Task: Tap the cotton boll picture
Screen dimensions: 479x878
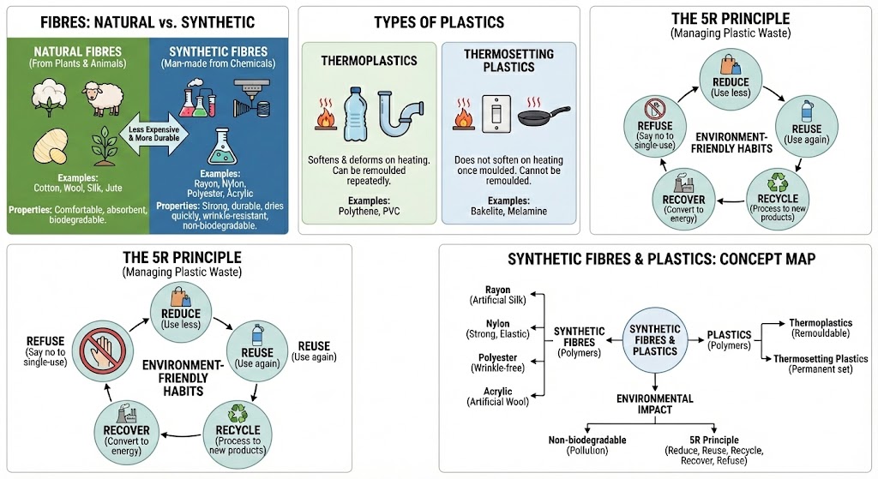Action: pos(50,96)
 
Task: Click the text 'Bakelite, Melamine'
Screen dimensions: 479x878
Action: pos(506,211)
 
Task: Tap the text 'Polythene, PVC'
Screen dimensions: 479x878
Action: pos(368,211)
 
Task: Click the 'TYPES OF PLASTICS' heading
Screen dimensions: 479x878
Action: pos(439,22)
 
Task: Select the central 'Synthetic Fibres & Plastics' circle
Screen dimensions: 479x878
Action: pos(654,340)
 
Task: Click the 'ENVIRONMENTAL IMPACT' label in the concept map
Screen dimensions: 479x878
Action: pos(654,404)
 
